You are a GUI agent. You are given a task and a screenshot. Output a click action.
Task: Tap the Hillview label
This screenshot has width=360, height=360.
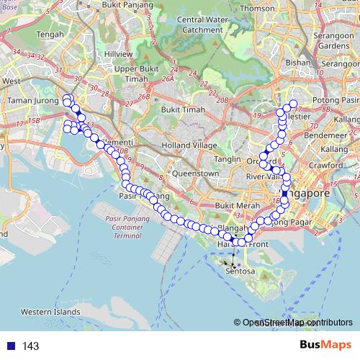118,54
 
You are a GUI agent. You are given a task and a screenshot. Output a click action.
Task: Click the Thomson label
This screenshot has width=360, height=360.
258,9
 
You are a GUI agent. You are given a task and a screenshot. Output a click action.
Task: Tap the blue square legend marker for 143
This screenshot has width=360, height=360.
9,346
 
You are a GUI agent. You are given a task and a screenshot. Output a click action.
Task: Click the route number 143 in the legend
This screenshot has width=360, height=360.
31,346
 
